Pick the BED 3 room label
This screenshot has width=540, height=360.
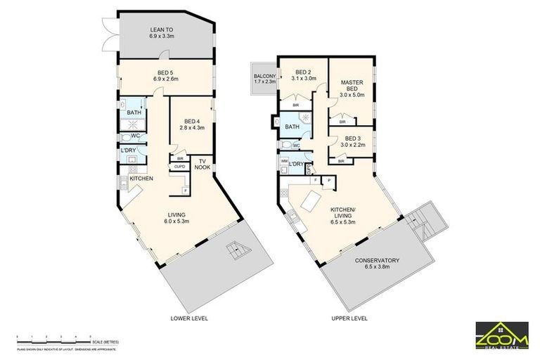tap(352, 141)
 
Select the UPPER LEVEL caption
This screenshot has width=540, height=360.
tap(349, 319)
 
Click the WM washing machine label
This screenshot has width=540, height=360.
tap(284, 161)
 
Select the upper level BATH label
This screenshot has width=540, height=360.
tap(292, 127)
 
